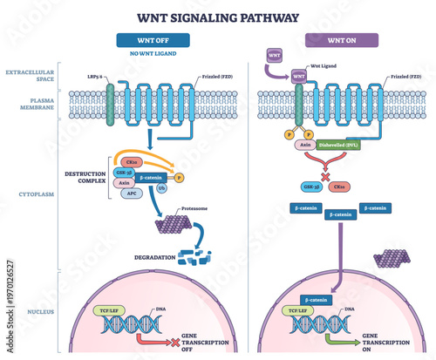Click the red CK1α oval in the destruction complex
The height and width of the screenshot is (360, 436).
coord(132,162)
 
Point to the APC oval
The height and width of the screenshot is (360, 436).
coord(130,194)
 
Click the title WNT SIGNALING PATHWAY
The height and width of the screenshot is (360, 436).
coord(217,17)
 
